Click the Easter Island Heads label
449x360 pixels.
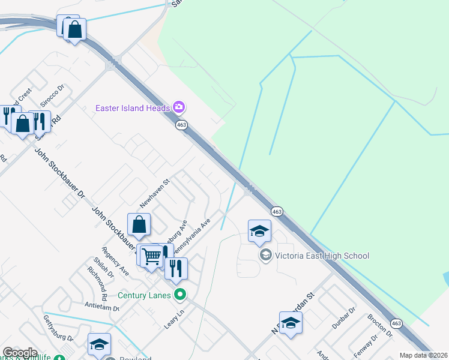click(133, 108)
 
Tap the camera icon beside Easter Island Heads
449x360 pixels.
click(178, 107)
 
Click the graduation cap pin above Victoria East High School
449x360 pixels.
click(259, 231)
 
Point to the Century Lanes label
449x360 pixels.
click(144, 295)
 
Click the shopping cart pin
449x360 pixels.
click(152, 256)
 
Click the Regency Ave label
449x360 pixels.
click(115, 262)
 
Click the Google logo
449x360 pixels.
click(20, 352)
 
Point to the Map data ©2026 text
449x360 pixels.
click(423, 355)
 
